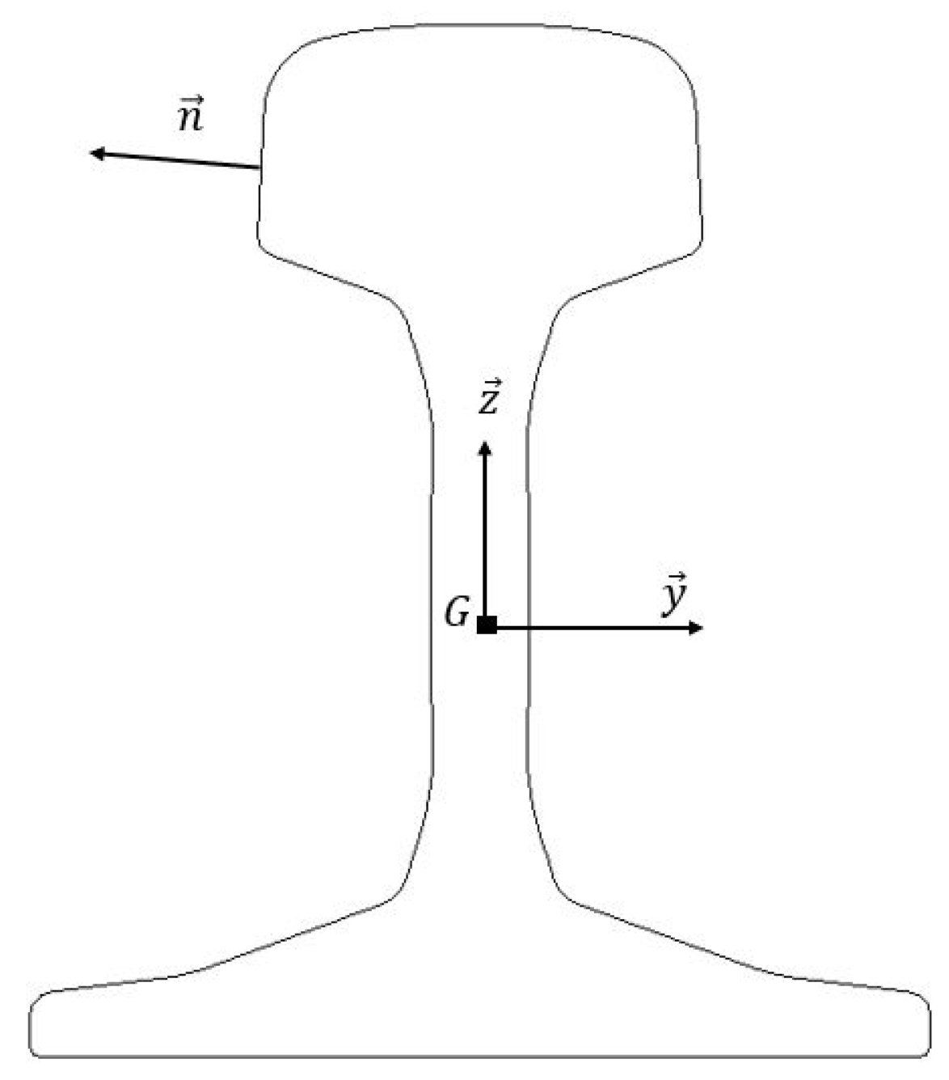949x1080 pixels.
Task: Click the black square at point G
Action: click(x=487, y=625)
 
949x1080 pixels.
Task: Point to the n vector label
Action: click(x=190, y=115)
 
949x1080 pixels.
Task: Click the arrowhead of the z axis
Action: click(x=485, y=448)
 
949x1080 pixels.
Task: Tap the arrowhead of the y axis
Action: click(x=696, y=628)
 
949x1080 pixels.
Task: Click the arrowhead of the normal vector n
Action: click(x=95, y=152)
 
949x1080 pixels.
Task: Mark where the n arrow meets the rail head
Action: click(x=260, y=168)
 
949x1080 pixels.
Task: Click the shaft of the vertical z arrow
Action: click(x=485, y=534)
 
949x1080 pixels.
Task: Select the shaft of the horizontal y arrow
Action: click(x=598, y=628)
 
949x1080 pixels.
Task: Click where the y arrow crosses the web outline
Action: click(x=528, y=628)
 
